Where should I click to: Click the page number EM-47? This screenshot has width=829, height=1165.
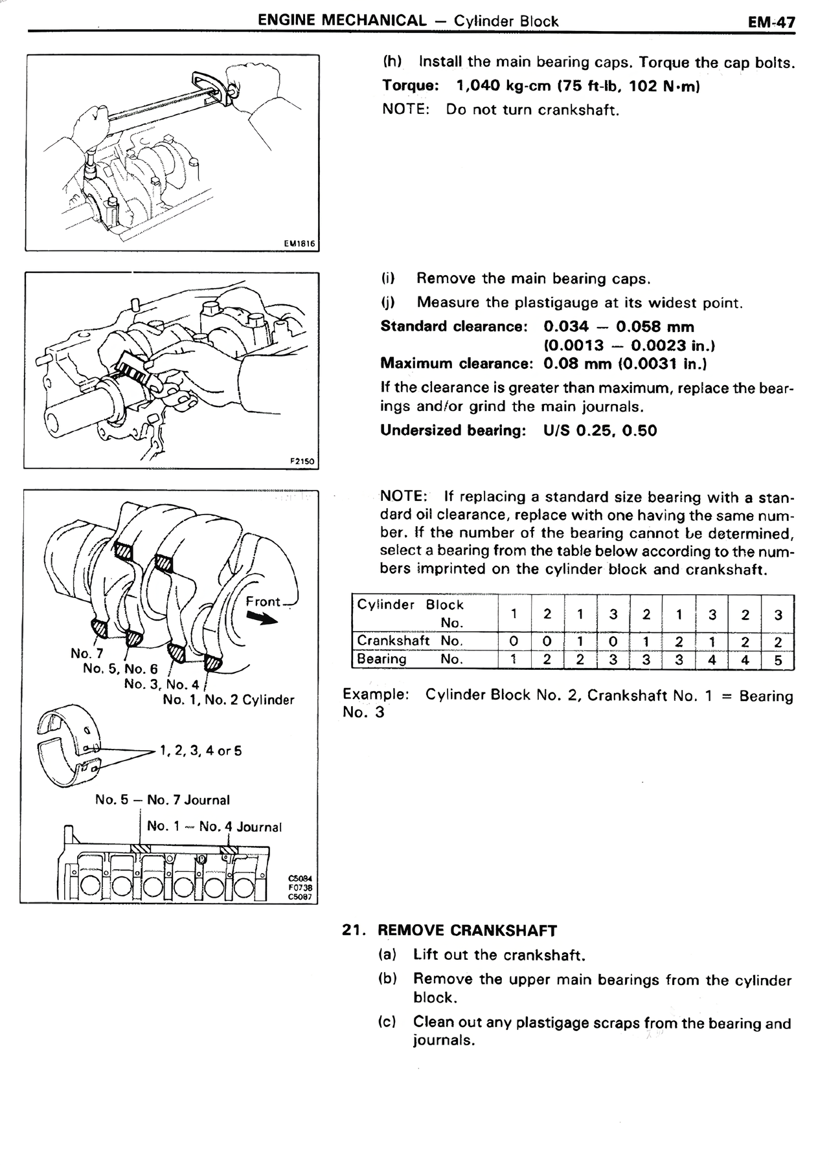pos(771,22)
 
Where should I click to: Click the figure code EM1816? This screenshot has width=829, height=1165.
pos(299,244)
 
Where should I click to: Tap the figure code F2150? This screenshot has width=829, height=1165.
pos(301,461)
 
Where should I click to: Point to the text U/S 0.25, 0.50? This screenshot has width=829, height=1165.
pos(600,430)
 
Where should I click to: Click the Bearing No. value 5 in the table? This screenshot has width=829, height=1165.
pos(778,661)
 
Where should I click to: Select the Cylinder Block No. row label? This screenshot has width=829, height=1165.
pos(411,614)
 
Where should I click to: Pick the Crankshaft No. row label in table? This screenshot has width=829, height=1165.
pos(409,641)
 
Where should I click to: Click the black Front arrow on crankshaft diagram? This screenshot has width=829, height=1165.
pos(262,619)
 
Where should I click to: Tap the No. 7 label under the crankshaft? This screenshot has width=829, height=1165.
pos(87,653)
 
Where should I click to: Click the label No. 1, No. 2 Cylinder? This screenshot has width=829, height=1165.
pos(229,700)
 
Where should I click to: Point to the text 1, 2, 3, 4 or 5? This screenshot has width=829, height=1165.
pos(200,751)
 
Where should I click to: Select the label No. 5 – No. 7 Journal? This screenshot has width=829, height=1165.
pos(162,800)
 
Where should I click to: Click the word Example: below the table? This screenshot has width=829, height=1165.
pos(376,694)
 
